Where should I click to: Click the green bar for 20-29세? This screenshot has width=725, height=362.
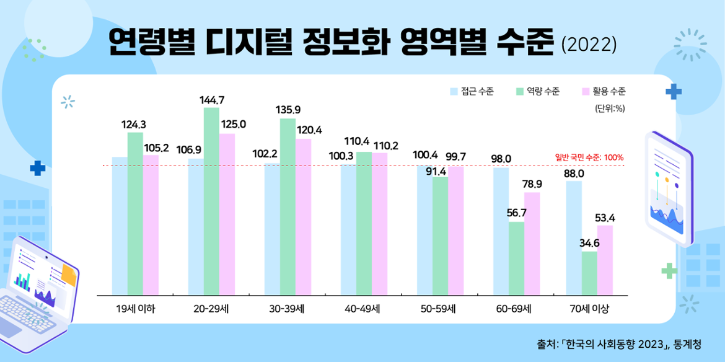pos(211,201)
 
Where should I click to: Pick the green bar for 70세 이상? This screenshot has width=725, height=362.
pos(589,273)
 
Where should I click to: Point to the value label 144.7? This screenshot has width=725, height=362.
pos(211,99)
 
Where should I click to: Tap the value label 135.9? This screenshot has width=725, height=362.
pos(288,110)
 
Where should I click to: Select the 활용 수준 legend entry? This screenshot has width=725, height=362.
pos(602,92)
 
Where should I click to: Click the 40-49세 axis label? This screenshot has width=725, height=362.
pos(364,308)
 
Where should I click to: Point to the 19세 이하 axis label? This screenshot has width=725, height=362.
pos(135,308)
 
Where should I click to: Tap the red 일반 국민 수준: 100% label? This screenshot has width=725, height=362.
pos(589,157)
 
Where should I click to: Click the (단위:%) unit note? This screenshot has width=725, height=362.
pos(610,108)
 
